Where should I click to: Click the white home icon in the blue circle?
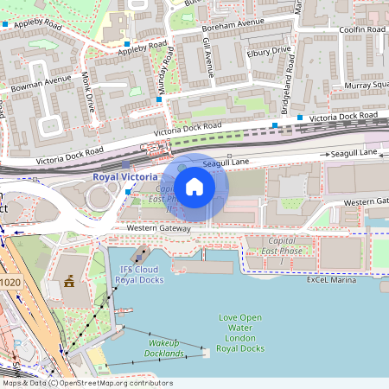pyautogui.click(x=194, y=186)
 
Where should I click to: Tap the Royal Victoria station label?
pyautogui.click(x=125, y=176)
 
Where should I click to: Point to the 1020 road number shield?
pyautogui.click(x=10, y=282)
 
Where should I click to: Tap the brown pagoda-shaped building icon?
pyautogui.click(x=68, y=282)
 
